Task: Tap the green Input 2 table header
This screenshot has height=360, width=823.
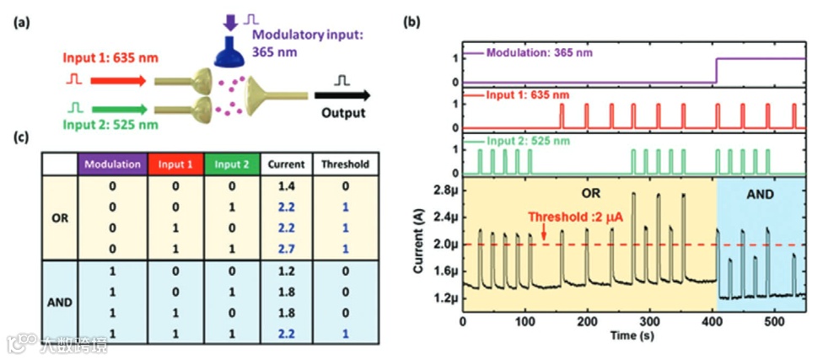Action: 230,164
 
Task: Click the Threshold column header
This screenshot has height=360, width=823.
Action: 344,164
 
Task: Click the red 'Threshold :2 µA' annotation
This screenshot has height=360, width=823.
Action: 573,217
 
